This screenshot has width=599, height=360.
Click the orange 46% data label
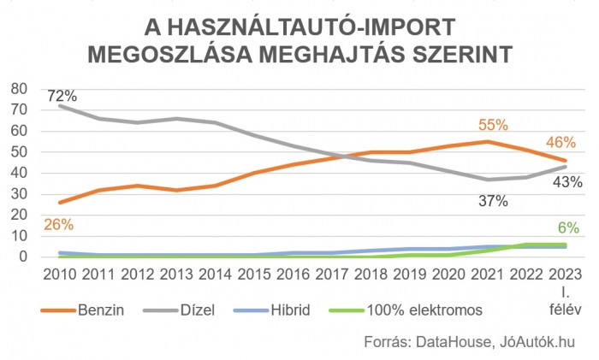coord(560,142)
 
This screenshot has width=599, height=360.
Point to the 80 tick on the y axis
coord(19,89)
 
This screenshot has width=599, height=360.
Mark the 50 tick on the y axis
coord(19,152)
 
